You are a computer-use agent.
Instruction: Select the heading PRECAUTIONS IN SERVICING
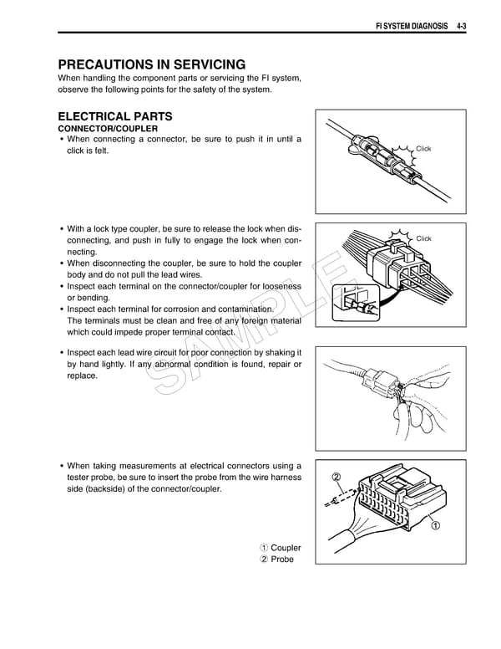tap(151, 64)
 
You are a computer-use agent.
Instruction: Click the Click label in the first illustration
tap(423, 149)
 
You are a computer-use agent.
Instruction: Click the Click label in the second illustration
tap(423, 238)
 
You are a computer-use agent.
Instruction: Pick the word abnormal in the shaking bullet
tap(176, 365)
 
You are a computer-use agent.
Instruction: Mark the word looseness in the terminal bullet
tap(277, 285)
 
